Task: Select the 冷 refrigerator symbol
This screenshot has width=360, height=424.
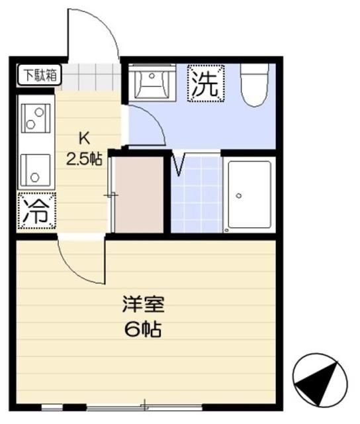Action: coord(34,211)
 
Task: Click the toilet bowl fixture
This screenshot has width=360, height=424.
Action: coord(255,86)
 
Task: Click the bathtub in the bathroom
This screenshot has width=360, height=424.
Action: coord(249,194)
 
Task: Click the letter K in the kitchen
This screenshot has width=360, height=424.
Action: coord(84,138)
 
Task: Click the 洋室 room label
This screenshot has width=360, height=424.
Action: coord(142,306)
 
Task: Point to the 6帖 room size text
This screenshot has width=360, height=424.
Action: coord(142,329)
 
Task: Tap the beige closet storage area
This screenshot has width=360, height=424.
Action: coord(140,194)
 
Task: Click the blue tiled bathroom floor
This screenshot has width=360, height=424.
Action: coord(197,199)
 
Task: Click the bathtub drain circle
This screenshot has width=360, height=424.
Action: coord(239,196)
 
